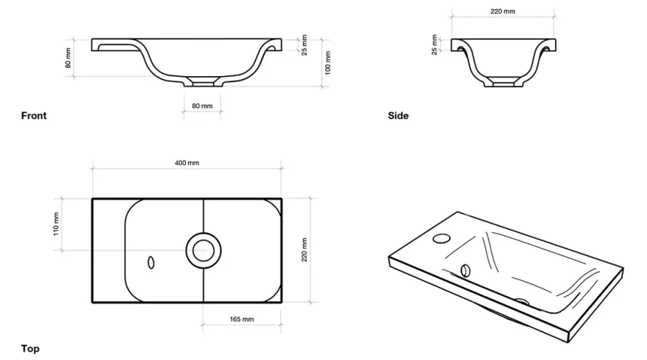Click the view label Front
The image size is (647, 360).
(33, 116)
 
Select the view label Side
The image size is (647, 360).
(397, 116)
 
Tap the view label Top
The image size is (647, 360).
(30, 349)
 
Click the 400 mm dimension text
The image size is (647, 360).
(186, 163)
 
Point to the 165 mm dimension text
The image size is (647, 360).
(241, 319)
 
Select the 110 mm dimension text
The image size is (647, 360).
(56, 224)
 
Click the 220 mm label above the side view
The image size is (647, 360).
(502, 11)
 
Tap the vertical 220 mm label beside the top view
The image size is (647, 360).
(304, 250)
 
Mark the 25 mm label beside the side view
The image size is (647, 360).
(435, 44)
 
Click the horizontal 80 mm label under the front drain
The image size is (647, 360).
(202, 106)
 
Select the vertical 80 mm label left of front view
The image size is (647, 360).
(69, 58)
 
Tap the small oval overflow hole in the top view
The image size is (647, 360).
(151, 262)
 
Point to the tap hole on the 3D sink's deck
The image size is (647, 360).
(441, 238)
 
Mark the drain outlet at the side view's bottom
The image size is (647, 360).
(502, 82)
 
